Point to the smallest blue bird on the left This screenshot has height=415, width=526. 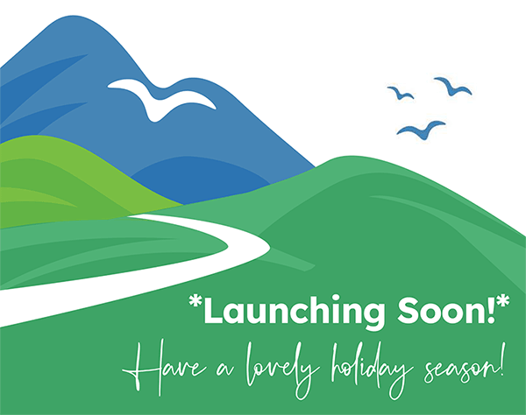(x=401, y=93)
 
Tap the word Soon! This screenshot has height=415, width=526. (x=446, y=310)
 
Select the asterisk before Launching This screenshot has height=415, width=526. (x=195, y=301)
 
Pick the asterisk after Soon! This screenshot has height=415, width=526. (x=503, y=300)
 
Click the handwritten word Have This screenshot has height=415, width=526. (x=165, y=368)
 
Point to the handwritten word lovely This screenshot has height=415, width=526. (x=283, y=369)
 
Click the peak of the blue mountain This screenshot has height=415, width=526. (x=73, y=16)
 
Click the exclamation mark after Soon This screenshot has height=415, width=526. (x=492, y=310)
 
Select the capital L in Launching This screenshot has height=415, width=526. (x=214, y=310)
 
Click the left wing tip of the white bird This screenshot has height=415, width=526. (x=109, y=87)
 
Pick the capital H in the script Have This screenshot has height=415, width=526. (x=147, y=368)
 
